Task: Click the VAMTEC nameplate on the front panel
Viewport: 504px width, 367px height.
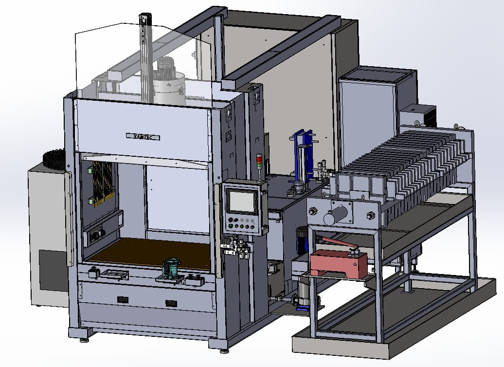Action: pos(143,137)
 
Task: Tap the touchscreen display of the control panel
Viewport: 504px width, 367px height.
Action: pos(241,201)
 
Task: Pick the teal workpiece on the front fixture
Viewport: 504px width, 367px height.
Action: pos(171,268)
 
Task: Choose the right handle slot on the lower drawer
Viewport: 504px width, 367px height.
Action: pos(171,303)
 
